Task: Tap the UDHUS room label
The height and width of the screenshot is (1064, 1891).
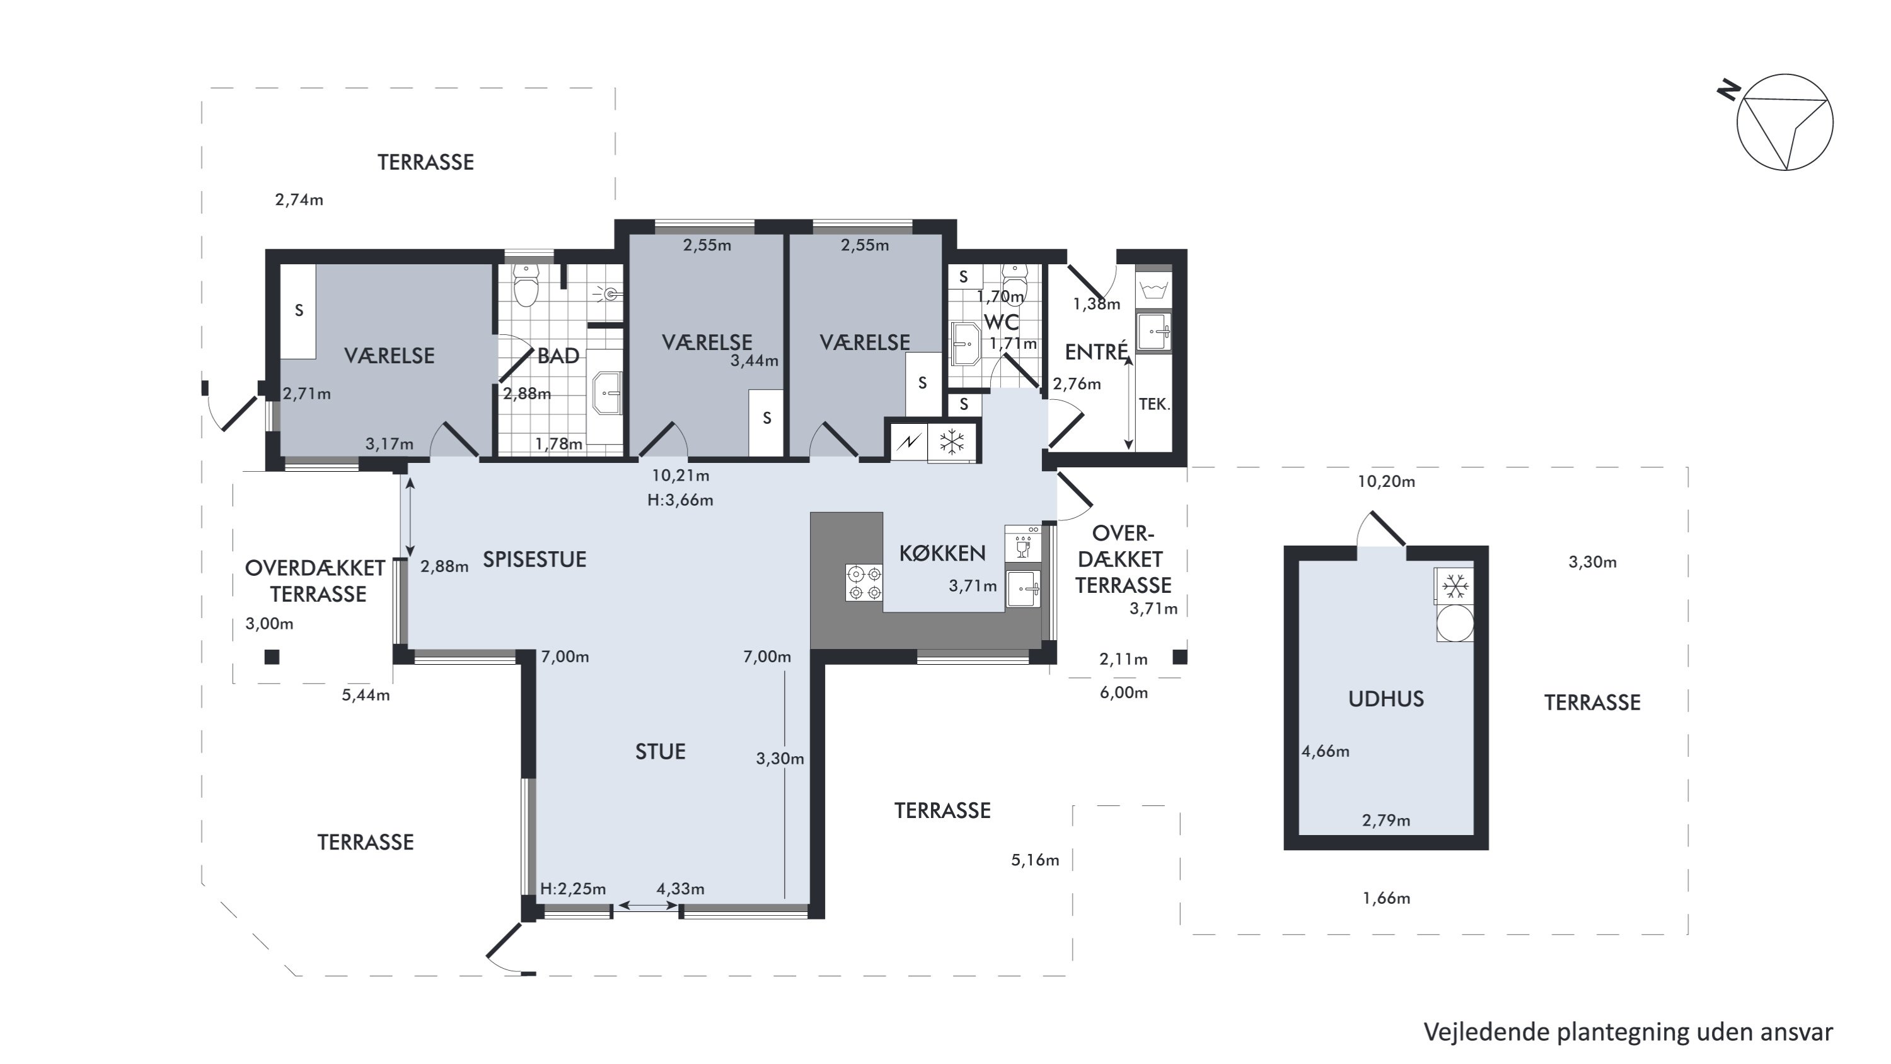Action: pyautogui.click(x=1386, y=698)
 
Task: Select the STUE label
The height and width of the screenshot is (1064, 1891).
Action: pyautogui.click(x=660, y=751)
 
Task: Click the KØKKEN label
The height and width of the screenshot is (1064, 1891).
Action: pyautogui.click(x=942, y=553)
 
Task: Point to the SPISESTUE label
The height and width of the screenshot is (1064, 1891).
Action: pyautogui.click(x=535, y=559)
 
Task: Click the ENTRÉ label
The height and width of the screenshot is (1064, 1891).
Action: pyautogui.click(x=1097, y=352)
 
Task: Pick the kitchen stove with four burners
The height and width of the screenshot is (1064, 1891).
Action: pyautogui.click(x=864, y=582)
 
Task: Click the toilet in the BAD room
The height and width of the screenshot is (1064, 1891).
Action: pyautogui.click(x=526, y=284)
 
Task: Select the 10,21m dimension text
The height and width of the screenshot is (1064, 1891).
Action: pyautogui.click(x=681, y=475)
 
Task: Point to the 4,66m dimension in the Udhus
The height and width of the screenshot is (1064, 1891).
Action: pyautogui.click(x=1325, y=751)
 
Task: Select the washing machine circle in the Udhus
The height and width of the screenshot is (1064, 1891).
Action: pyautogui.click(x=1454, y=623)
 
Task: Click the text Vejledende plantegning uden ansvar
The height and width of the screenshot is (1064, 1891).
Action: pyautogui.click(x=1628, y=1031)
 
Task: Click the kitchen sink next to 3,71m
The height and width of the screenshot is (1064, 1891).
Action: pyautogui.click(x=1023, y=589)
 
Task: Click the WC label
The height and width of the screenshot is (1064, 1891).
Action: pyautogui.click(x=1002, y=322)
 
